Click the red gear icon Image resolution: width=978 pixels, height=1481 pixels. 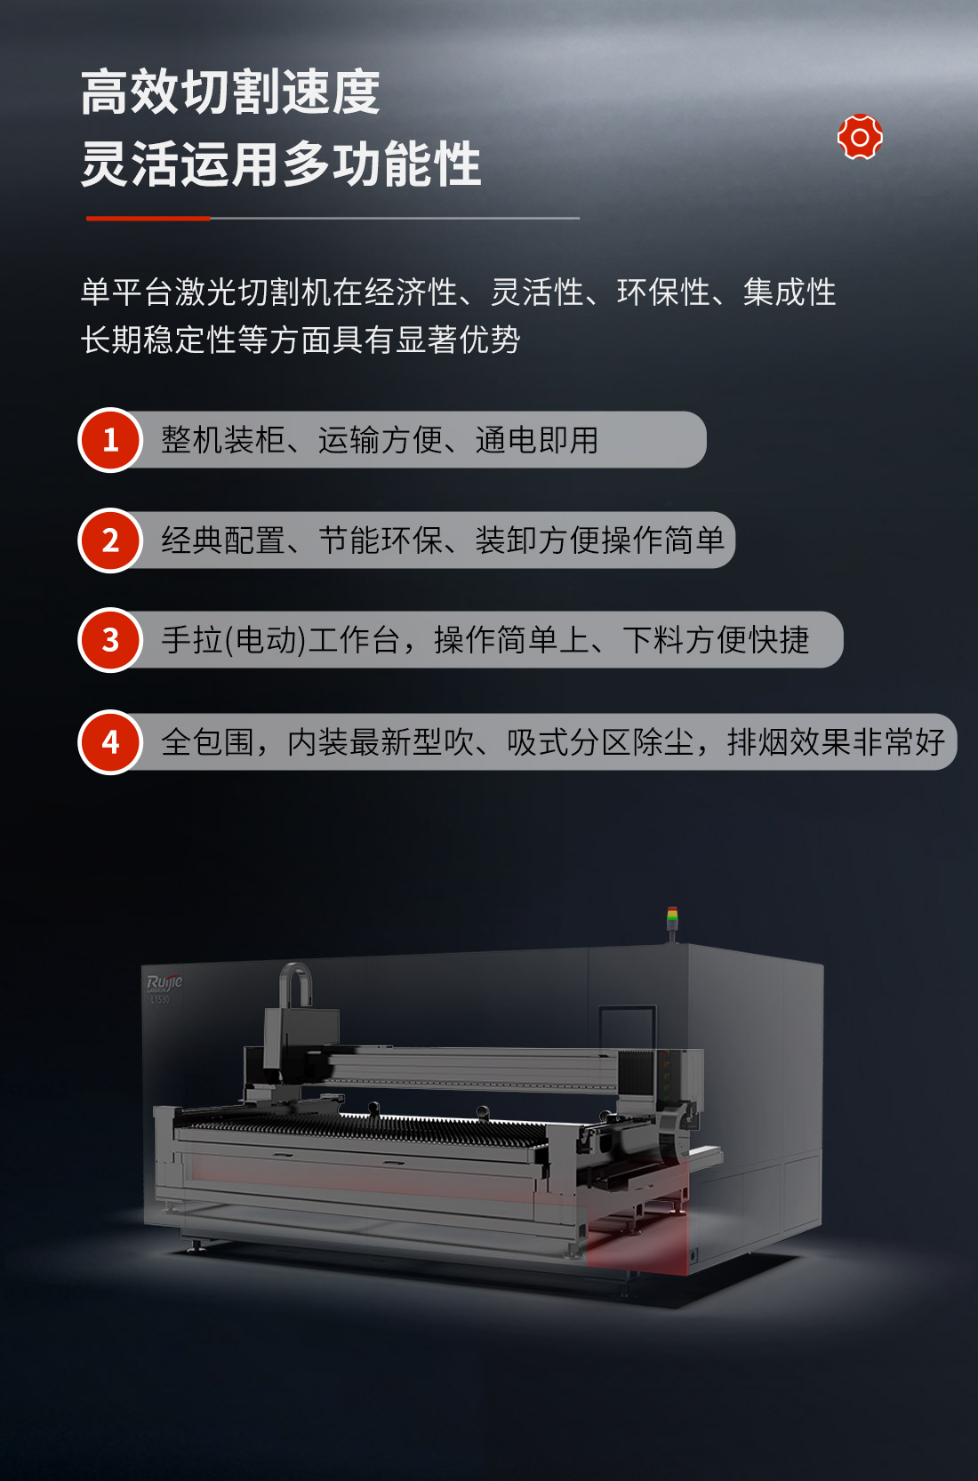tap(860, 137)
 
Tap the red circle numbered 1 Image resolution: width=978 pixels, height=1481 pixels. tap(110, 440)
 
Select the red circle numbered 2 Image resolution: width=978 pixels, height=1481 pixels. tap(110, 540)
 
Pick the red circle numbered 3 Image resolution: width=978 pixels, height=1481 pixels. tap(110, 640)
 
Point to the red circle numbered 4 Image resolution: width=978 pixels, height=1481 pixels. tap(110, 741)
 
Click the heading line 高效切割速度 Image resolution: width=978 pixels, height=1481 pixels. tap(230, 92)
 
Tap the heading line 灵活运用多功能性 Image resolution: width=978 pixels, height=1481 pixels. tap(280, 164)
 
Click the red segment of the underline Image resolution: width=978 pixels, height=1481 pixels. tap(148, 218)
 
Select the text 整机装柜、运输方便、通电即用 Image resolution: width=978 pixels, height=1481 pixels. tap(380, 440)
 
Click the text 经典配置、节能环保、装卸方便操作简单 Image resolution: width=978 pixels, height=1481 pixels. tap(443, 540)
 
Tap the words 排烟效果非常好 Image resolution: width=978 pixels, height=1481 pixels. tap(836, 741)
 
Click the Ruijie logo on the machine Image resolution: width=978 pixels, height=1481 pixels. tap(164, 984)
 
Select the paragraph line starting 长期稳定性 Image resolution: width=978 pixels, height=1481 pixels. tap(301, 340)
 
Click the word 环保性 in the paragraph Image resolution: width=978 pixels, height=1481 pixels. tap(662, 292)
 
